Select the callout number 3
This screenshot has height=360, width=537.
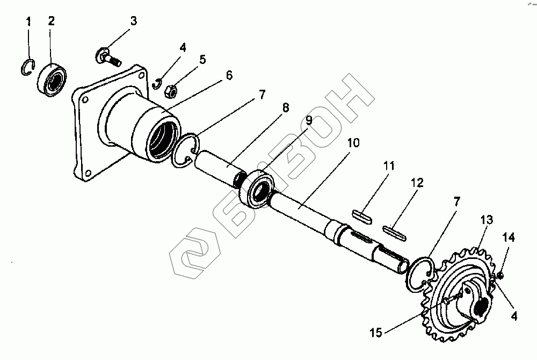[x=134, y=21]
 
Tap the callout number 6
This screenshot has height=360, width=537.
[x=229, y=75]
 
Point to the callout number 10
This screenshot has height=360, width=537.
[x=353, y=144]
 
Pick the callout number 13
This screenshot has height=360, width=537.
[x=486, y=220]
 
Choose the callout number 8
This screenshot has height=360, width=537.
[x=285, y=108]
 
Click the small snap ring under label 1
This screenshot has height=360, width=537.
[x=28, y=69]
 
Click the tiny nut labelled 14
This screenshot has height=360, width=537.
[x=500, y=276]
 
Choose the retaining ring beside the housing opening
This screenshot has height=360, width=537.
[x=186, y=153]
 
